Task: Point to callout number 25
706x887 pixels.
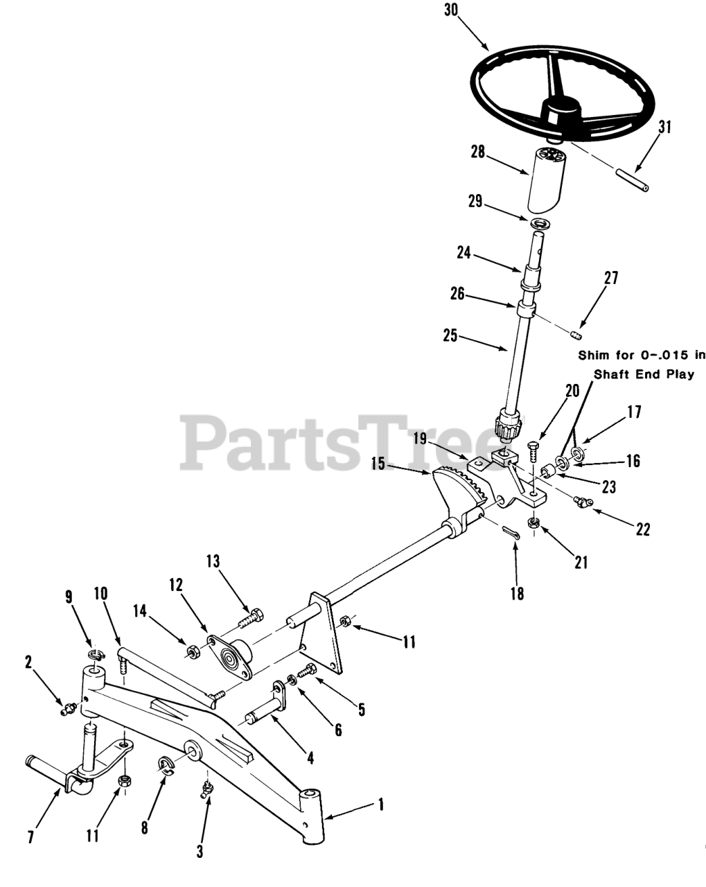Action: click(x=450, y=337)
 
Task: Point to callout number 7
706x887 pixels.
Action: click(x=31, y=836)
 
